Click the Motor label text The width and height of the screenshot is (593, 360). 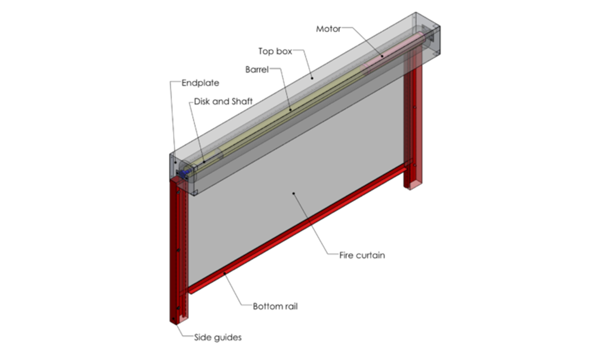(328, 29)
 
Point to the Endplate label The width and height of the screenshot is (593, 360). (200, 83)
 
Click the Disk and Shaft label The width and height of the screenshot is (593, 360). (223, 101)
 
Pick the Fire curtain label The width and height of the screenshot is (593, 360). (362, 255)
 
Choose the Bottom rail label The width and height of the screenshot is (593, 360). (275, 306)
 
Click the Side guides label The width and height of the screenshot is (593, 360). (218, 337)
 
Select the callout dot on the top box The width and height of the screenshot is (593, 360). (312, 78)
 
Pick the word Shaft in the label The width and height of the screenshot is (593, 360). (241, 101)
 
